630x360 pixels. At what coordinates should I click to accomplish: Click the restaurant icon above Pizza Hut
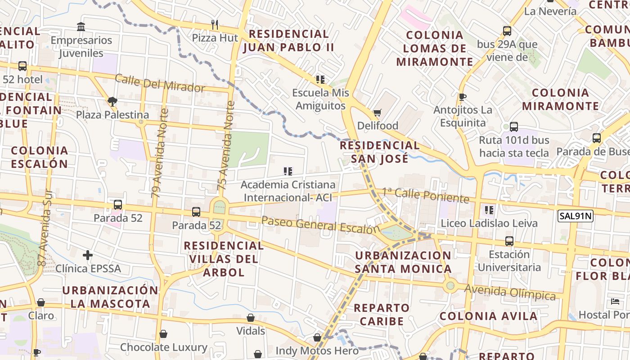coord(215,25)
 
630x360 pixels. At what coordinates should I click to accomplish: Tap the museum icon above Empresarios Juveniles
coord(81,27)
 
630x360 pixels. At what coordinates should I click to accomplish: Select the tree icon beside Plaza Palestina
coord(112,102)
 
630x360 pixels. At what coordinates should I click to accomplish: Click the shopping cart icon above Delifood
coord(377,112)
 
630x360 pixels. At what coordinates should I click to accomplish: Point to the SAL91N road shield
coord(575,216)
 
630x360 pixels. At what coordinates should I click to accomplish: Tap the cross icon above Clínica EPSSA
coord(88,255)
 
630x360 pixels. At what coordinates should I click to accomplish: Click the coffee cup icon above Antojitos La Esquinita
coord(462,97)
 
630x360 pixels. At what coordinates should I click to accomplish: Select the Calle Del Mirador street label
coord(160,83)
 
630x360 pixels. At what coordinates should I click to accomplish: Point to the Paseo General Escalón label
coord(320,224)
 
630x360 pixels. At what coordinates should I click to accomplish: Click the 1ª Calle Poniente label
coord(426,195)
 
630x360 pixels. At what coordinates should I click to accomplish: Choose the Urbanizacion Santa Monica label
coord(403,262)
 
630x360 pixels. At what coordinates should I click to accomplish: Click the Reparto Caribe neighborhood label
coord(381,315)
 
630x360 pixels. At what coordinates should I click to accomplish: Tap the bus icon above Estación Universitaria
coord(509,241)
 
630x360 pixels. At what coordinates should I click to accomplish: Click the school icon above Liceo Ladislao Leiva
coord(489,210)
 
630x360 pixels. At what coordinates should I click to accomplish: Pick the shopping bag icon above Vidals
coord(251,318)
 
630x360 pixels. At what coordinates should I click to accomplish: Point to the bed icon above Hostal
coord(615,301)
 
